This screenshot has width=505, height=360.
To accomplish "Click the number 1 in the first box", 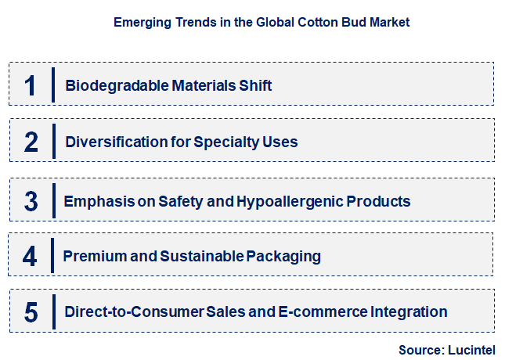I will pos(30,85).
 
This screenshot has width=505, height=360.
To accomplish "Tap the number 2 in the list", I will pos(31,142).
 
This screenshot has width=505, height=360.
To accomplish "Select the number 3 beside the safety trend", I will pos(31,201).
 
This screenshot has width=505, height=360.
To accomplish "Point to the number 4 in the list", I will pos(30,256).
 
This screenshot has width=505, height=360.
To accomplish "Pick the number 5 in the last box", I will pos(31,312).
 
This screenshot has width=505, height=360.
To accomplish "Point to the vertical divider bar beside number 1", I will pos(52,85).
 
